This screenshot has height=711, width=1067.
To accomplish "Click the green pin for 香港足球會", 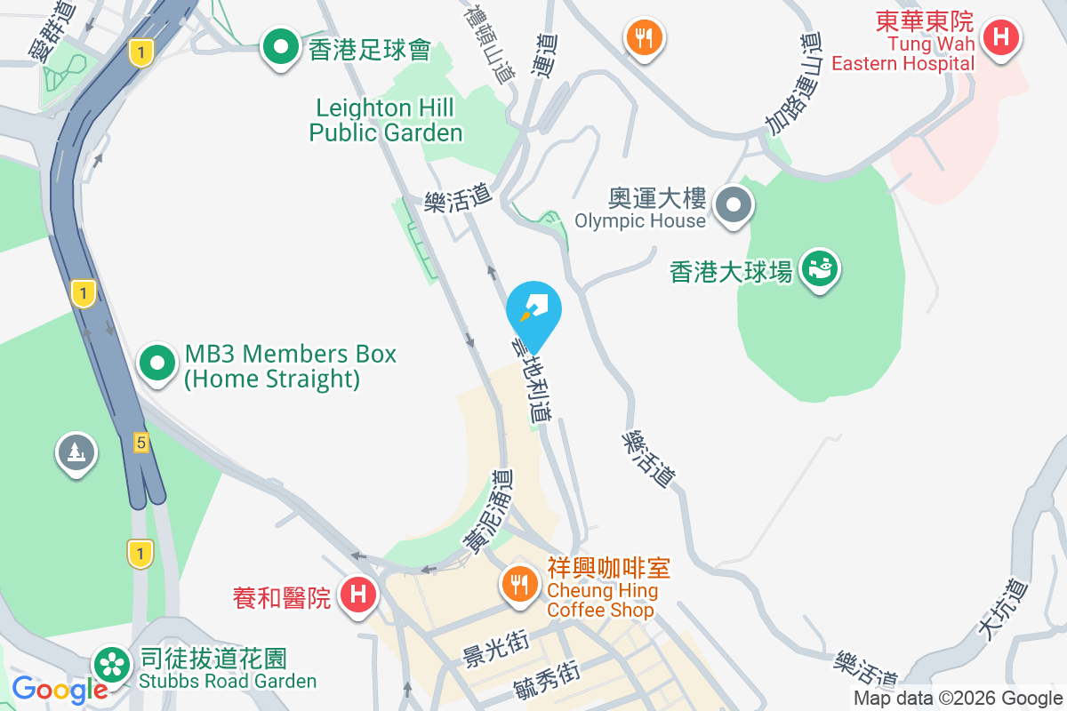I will tap(281, 48).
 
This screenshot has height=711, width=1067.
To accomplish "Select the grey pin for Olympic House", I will tap(734, 206).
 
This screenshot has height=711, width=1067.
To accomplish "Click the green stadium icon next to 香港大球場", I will tap(818, 269).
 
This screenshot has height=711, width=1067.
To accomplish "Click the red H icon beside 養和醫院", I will tap(358, 594).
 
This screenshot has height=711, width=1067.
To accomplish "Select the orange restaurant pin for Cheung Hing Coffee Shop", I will tap(517, 583).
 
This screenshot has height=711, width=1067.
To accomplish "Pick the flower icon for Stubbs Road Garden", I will tap(113, 664).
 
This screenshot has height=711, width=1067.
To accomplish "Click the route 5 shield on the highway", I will tap(140, 442).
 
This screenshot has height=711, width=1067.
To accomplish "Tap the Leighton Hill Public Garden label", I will tap(386, 121).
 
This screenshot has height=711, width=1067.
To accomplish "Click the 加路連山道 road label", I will tap(793, 82).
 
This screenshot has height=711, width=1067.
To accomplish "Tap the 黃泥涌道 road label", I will tap(488, 513).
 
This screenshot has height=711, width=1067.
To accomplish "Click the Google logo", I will tap(60, 689).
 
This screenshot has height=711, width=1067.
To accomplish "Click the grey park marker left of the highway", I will tap(76, 453).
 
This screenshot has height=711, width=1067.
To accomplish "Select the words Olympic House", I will tap(640, 220).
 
